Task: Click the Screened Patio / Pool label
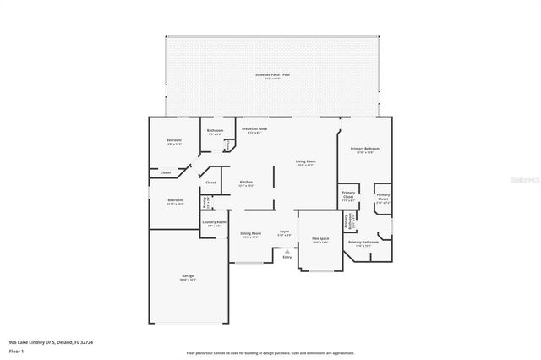(x=272, y=75)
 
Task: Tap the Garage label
(x=188, y=276)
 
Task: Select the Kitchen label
(x=246, y=182)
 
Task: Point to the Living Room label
(x=305, y=161)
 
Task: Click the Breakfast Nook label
(x=254, y=128)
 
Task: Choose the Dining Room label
(x=251, y=233)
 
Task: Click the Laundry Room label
(x=214, y=223)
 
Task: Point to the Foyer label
(x=285, y=232)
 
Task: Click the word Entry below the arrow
(x=287, y=257)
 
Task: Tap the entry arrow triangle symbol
(x=287, y=250)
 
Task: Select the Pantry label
(x=205, y=202)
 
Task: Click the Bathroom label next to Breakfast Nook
(x=215, y=130)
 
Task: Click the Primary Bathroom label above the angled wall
(x=366, y=242)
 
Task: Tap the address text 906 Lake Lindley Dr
(x=42, y=343)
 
